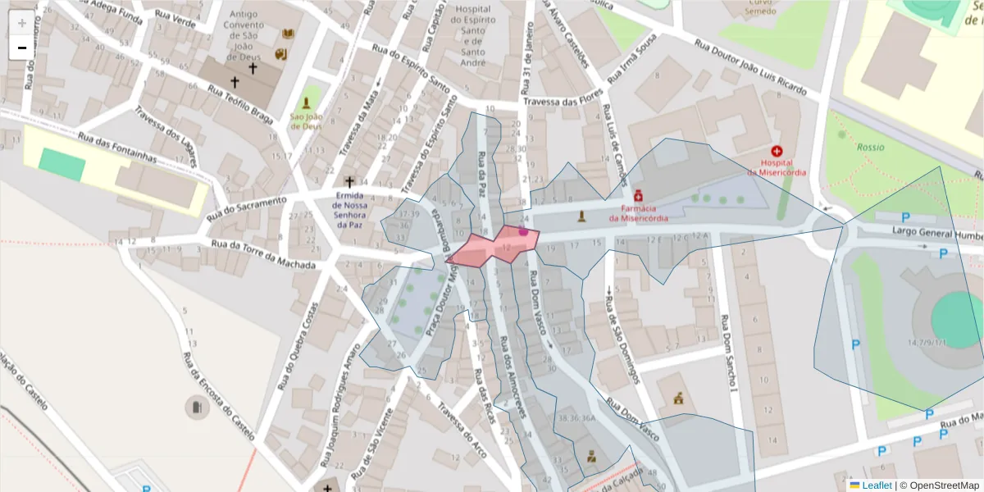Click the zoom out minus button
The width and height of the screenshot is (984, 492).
tap(21, 48)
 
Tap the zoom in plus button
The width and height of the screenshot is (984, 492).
tap(21, 23)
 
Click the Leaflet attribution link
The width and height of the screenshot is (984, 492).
tap(876, 485)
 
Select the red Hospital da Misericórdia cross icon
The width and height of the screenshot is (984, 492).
tap(777, 151)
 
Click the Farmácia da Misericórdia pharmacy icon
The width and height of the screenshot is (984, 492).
tap(637, 197)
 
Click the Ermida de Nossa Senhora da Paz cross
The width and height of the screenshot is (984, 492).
tap(349, 181)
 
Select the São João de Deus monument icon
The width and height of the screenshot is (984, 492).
tap(306, 103)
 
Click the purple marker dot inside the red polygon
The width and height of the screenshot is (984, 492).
tap(523, 232)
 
